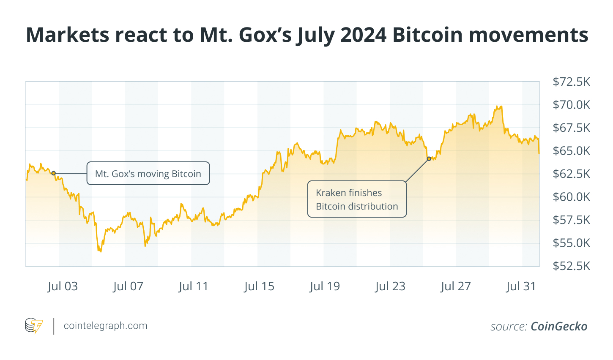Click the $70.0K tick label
point(571,104)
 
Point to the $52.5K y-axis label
point(571,266)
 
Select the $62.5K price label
point(571,174)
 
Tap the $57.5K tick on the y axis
point(571,220)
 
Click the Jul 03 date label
point(63,286)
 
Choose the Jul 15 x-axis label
point(259,286)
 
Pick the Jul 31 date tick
point(521,286)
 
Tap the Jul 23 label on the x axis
point(390,286)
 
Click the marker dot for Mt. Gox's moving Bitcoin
point(53,173)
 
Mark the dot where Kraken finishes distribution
point(429,159)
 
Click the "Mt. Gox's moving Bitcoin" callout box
point(148,174)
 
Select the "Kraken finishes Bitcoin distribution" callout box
point(357,199)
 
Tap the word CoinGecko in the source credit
point(559,326)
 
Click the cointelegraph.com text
point(105,326)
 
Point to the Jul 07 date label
point(128,286)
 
